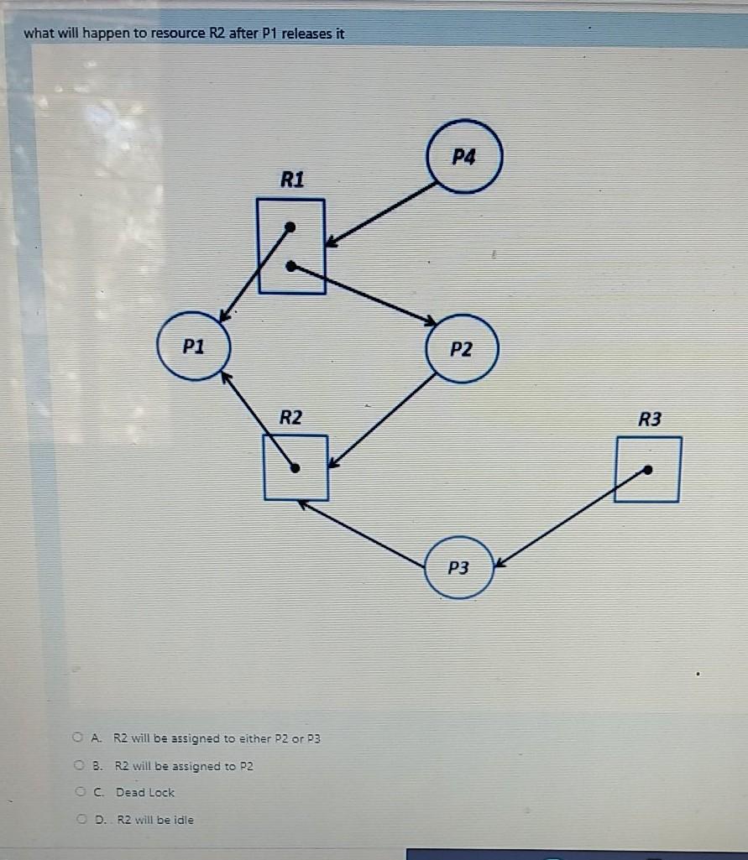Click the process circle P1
coord(194,346)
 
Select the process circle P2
coord(462,348)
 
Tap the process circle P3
coord(458,568)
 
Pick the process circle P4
coord(464,158)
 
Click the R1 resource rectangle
coord(290,246)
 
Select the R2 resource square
coord(295,467)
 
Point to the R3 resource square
coord(646,469)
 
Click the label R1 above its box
coord(293,180)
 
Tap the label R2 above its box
coord(290,417)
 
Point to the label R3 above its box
coord(649,419)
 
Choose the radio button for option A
coord(77,738)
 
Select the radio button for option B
coord(77,765)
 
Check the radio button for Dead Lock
coord(77,791)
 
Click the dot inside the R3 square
coord(648,470)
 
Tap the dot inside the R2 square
coord(295,468)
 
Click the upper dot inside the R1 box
coord(290,227)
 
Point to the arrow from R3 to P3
coord(571,518)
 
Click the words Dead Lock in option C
coord(145,792)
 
